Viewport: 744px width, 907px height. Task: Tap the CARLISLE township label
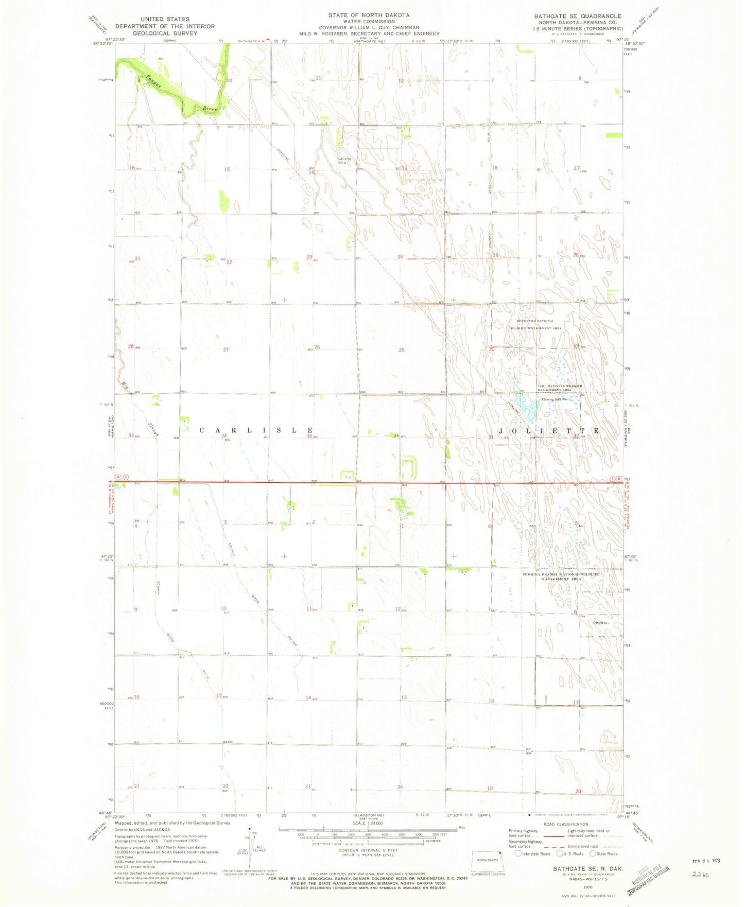coord(256,430)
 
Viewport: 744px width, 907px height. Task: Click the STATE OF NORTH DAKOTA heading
coord(369,15)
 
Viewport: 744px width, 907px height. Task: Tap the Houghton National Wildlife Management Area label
coord(535,324)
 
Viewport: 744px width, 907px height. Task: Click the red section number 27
coord(226,350)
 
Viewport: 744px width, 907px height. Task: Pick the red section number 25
coord(401,350)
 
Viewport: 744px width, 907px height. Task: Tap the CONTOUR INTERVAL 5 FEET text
coord(367,850)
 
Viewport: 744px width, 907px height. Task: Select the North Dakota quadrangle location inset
coord(488,861)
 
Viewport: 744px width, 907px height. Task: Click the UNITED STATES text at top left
coord(165,19)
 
